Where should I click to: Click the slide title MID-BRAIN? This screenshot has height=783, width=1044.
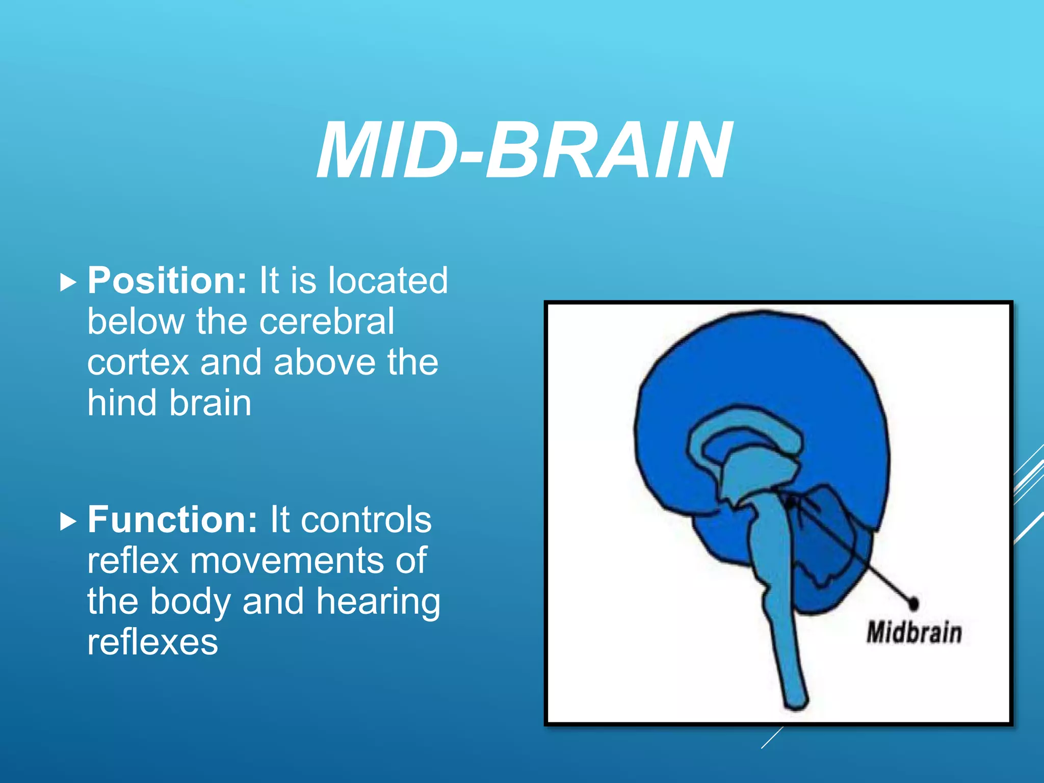click(524, 151)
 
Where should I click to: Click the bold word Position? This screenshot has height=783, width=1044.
click(167, 281)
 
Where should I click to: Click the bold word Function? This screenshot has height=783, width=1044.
click(172, 520)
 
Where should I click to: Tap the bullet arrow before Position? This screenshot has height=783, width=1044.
click(68, 282)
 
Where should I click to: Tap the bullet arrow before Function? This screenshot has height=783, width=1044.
click(68, 521)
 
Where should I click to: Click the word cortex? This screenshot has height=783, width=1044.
click(138, 362)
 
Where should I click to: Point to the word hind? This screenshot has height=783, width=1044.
click(122, 403)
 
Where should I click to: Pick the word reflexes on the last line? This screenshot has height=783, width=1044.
click(152, 642)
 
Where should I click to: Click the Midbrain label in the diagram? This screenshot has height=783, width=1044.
click(913, 633)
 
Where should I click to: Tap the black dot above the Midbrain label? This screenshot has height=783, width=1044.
click(913, 604)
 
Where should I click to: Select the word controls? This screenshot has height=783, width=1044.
click(366, 520)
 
